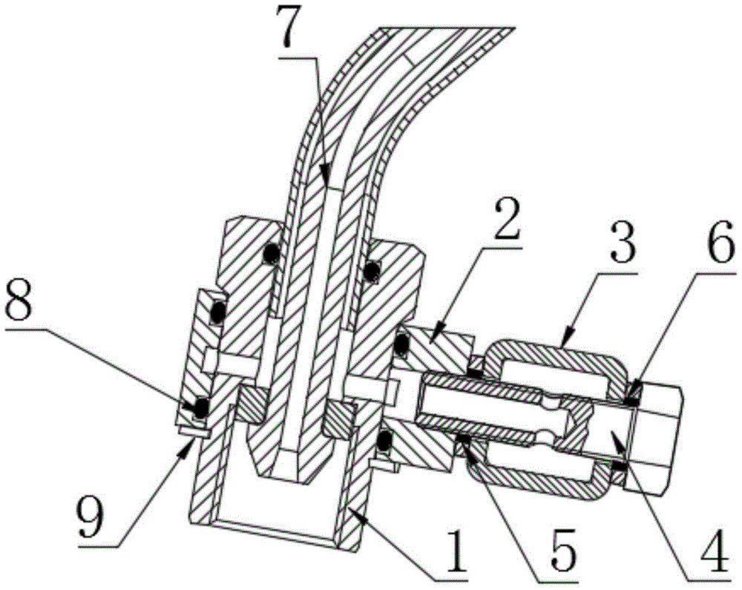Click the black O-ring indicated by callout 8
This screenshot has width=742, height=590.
[x=201, y=406]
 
